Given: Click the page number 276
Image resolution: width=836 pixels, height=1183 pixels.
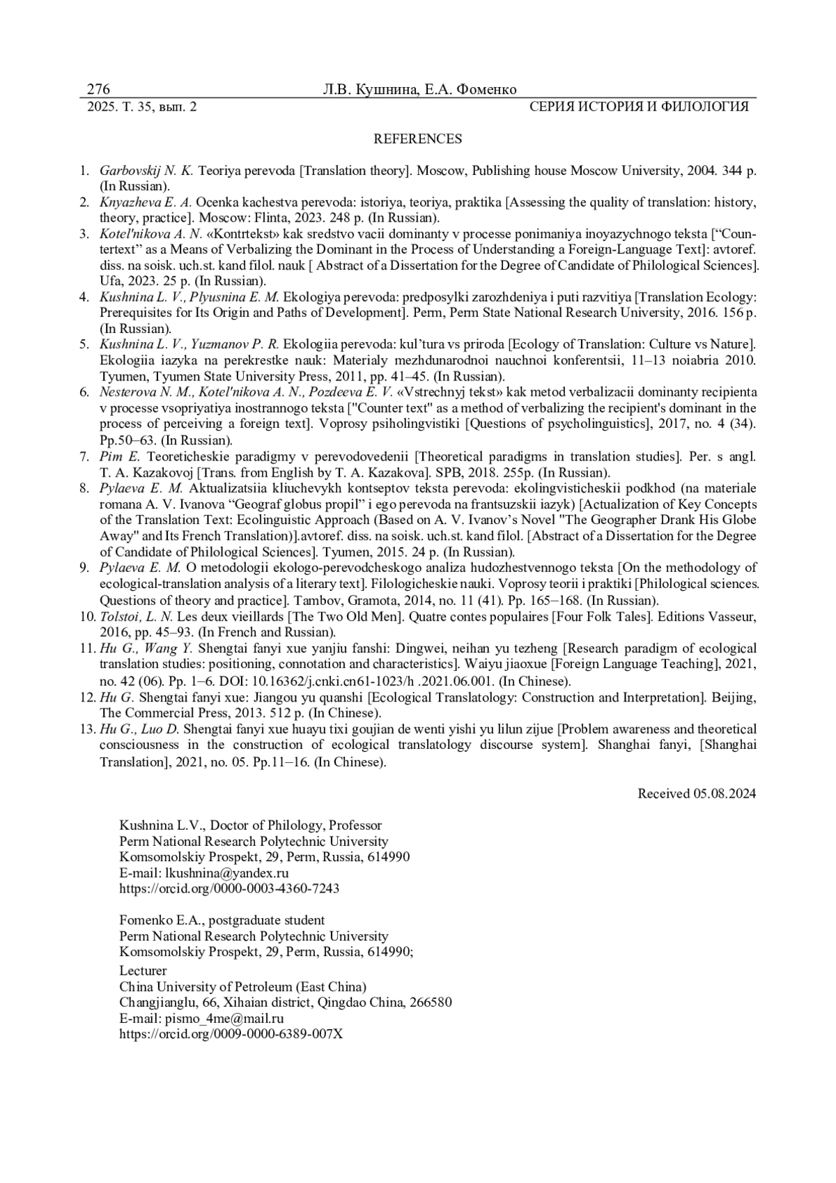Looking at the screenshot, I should click(99, 89).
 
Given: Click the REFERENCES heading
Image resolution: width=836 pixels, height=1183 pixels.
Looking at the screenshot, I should click(417, 139).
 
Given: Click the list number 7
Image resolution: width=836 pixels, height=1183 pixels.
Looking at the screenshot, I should click(84, 456).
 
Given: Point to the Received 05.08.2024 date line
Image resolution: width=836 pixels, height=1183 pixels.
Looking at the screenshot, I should click(697, 793).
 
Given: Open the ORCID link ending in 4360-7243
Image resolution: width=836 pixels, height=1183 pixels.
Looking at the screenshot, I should click(229, 888).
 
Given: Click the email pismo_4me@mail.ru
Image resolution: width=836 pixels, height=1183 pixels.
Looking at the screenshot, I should click(224, 1018).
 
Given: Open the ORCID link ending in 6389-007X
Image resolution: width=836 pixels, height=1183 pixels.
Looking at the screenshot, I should click(231, 1034).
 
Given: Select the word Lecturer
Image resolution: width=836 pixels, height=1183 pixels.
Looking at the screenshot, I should click(143, 971).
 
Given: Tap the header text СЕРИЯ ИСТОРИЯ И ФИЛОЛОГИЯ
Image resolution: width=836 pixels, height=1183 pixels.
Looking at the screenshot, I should click(639, 107).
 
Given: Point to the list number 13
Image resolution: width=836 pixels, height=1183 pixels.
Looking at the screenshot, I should click(87, 729).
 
